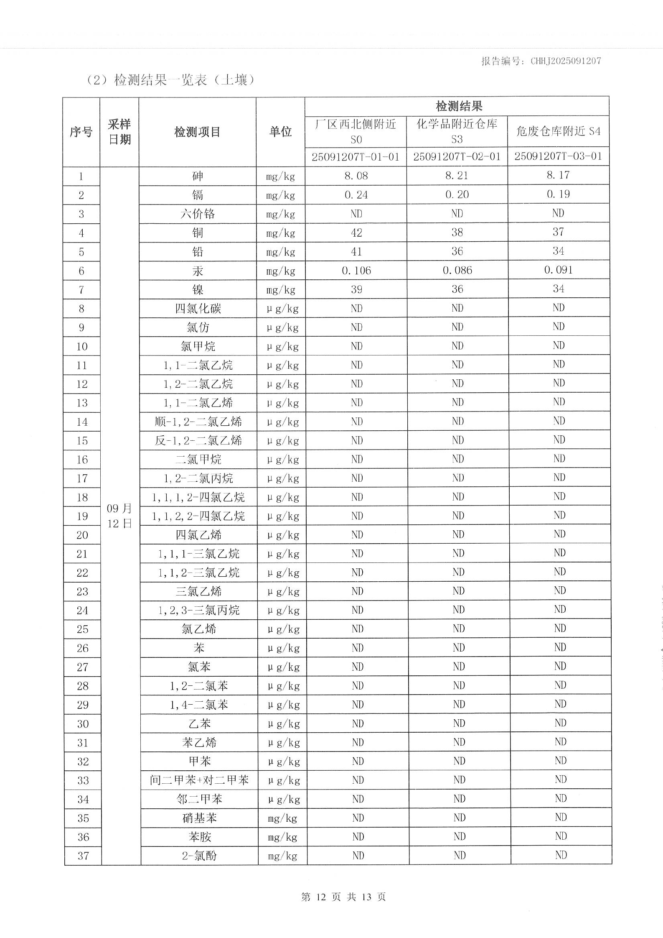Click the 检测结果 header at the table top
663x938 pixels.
[458, 106]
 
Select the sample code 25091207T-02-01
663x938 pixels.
[457, 157]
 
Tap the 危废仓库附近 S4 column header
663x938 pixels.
[558, 131]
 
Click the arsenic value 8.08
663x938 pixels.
[356, 176]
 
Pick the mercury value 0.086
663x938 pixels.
[457, 271]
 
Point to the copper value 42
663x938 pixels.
[356, 233]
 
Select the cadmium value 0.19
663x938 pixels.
[558, 194]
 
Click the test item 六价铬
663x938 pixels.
[198, 214]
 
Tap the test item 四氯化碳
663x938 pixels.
[198, 309]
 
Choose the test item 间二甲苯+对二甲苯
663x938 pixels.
[199, 780]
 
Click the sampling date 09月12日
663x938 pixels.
[119, 516]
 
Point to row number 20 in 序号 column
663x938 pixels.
[82, 535]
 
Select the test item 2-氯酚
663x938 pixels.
[199, 856]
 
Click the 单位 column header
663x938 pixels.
[280, 132]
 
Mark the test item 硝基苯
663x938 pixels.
[199, 818]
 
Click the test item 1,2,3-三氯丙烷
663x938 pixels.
[199, 611]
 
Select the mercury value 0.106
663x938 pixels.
[356, 271]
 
